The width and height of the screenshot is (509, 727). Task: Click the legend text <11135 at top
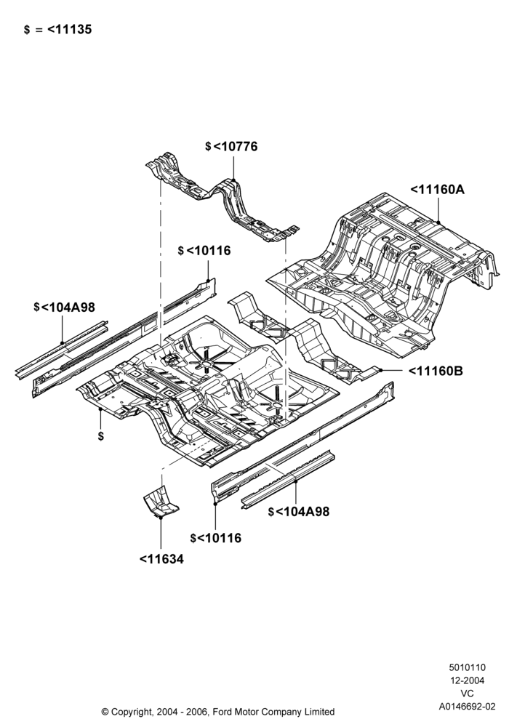point(70,29)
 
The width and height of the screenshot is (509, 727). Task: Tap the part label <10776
point(235,147)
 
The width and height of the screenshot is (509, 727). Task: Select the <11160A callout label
point(437,189)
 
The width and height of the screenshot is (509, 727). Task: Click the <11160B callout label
point(436,371)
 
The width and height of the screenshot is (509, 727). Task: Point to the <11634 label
point(161,559)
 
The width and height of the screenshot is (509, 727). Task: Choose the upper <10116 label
point(209,250)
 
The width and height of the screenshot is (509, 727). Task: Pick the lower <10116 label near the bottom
point(220,538)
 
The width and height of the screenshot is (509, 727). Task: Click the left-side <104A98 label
point(68,307)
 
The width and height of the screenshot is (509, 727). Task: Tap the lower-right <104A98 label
point(302,511)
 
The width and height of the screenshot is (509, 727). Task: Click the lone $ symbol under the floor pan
point(101,436)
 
